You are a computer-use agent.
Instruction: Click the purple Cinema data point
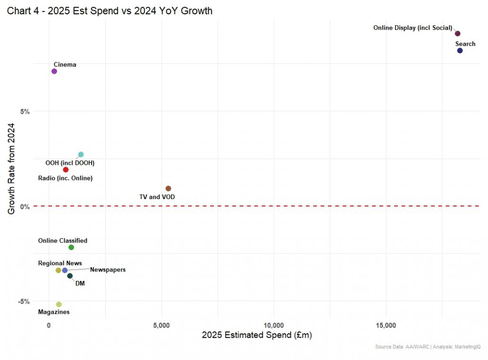[x=54, y=71]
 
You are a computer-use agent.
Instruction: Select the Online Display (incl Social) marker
[x=457, y=33]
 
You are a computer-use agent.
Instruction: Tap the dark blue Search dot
[x=460, y=50]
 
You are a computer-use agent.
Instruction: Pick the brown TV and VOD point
[x=168, y=189]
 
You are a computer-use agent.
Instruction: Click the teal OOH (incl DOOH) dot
[x=81, y=154]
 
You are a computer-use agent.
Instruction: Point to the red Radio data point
[x=66, y=170]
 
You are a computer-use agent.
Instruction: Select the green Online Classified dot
[x=71, y=247]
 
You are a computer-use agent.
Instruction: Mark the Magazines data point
[x=59, y=304]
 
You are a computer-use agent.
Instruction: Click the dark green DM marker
[x=70, y=276]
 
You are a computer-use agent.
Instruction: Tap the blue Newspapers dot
[x=65, y=270]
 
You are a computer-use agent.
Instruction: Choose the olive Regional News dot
[x=59, y=270]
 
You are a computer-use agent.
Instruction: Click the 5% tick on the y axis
[x=24, y=111]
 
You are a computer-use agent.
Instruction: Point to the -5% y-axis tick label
[x=23, y=301]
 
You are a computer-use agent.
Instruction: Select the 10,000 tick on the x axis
[x=274, y=325]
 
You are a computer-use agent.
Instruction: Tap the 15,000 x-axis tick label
[x=386, y=325]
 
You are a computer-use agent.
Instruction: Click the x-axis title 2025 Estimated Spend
[x=256, y=336]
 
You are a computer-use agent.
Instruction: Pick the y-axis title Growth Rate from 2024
[x=11, y=169]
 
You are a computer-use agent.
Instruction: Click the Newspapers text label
[x=108, y=270]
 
